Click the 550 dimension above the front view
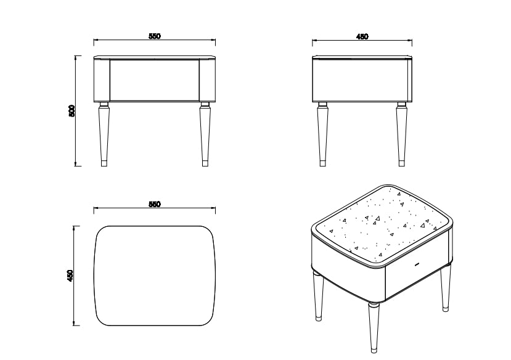point(154,37)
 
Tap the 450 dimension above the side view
point(362,37)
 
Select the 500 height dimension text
point(72,111)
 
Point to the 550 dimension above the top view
point(154,205)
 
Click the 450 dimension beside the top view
point(71,275)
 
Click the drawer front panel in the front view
point(154,80)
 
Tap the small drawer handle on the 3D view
point(417,264)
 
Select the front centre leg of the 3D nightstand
point(374,327)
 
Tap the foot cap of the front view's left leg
point(104,164)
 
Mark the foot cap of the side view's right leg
point(401,164)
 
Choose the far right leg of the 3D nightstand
point(445,290)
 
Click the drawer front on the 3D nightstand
point(417,277)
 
